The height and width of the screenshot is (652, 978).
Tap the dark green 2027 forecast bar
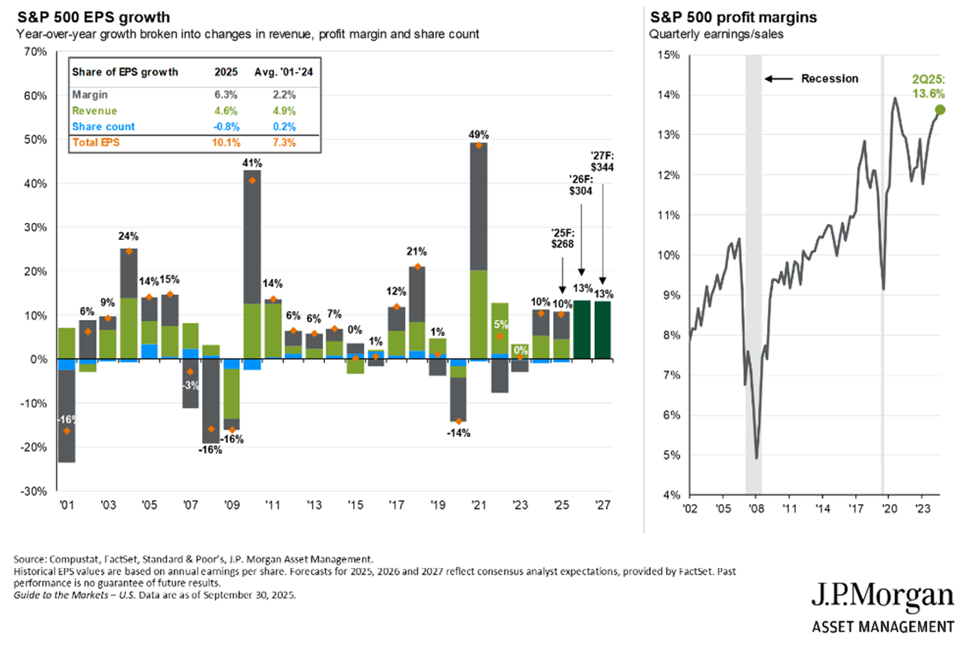(x=603, y=330)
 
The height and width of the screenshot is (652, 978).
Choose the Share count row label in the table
(x=103, y=127)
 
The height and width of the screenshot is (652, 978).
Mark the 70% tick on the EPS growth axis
(x=36, y=52)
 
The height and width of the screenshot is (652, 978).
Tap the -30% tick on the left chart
(x=33, y=491)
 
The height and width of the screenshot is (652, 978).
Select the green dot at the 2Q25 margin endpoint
(x=940, y=110)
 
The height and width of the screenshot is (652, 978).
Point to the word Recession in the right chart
(x=829, y=79)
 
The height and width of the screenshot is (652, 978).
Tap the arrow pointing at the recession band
(x=779, y=79)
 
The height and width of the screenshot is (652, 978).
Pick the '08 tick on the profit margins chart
(x=755, y=509)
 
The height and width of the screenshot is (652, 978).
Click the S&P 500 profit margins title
(x=711, y=16)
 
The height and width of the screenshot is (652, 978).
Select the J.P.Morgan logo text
(x=883, y=598)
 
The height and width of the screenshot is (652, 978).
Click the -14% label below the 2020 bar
(x=458, y=433)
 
